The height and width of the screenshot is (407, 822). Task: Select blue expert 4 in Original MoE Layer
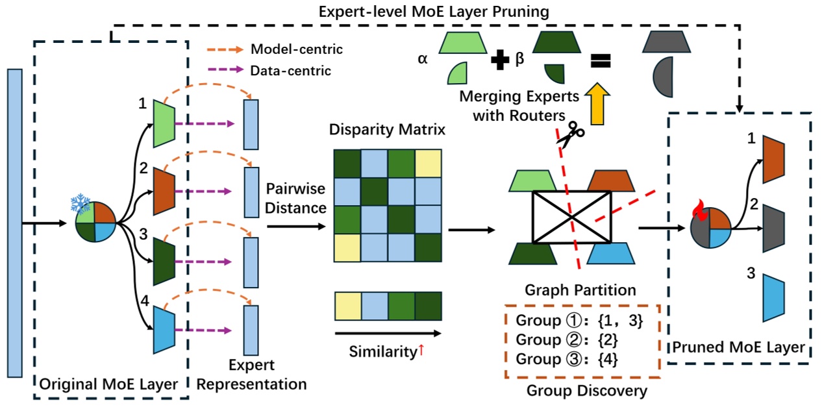pos(163,329)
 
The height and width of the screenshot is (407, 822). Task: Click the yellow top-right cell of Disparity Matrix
pos(427,163)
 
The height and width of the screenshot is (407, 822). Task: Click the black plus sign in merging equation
pos(499,61)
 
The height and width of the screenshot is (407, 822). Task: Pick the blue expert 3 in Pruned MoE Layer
pos(774,298)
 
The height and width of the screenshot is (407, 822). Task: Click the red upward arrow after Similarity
pos(421,351)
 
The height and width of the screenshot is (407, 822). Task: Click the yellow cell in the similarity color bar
pos(347,304)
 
